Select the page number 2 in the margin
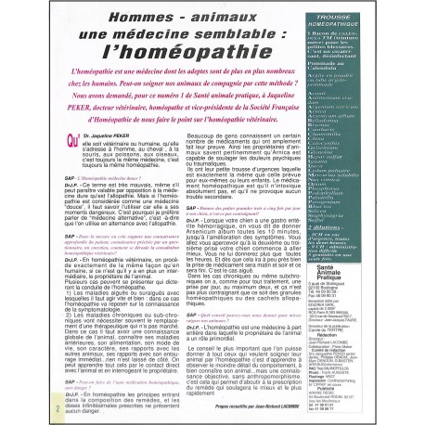click(x=31, y=406)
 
